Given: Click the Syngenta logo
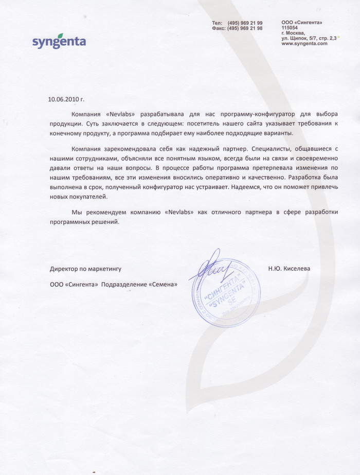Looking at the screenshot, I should coord(59,41).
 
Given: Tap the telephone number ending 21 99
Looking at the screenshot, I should coord(245,23).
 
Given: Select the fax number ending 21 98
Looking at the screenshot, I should coord(245,28).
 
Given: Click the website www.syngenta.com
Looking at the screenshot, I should coord(304,44).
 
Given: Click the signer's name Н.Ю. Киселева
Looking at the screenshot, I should coord(289,268).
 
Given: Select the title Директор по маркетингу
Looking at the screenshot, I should coord(85,269).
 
